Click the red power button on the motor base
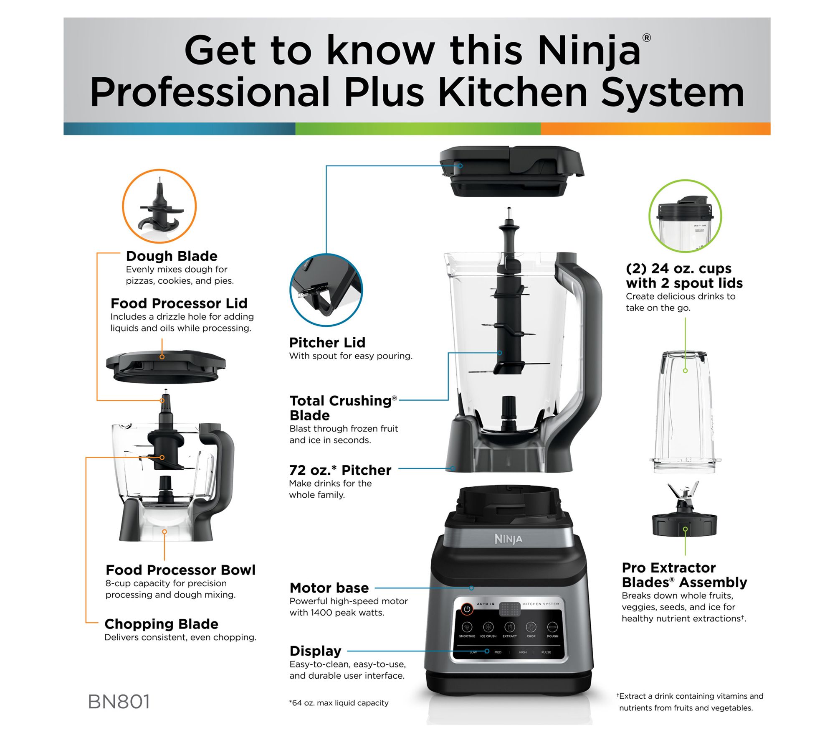(467, 609)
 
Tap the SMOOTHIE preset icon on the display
(467, 627)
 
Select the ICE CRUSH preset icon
(488, 627)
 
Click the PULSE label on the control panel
(546, 652)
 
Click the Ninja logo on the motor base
(508, 539)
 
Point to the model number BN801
(119, 702)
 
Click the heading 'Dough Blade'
(172, 256)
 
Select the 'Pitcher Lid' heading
(327, 343)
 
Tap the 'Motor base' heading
(329, 588)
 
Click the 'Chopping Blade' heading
(161, 624)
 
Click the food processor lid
(165, 366)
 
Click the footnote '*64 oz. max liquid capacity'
(339, 703)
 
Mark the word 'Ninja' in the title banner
(589, 52)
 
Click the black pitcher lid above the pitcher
(511, 171)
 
